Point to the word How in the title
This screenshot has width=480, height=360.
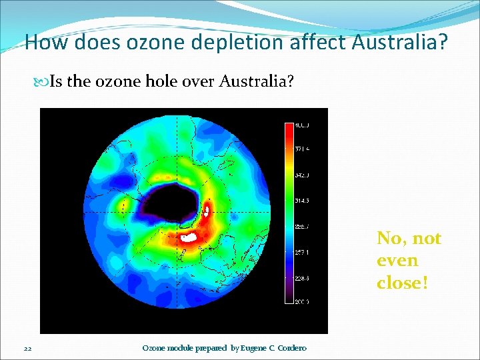click(x=47, y=43)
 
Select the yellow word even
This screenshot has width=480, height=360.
click(x=397, y=261)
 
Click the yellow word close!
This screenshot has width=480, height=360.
click(x=402, y=283)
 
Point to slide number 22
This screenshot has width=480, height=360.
click(x=27, y=348)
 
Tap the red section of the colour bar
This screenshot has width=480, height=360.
click(x=289, y=133)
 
